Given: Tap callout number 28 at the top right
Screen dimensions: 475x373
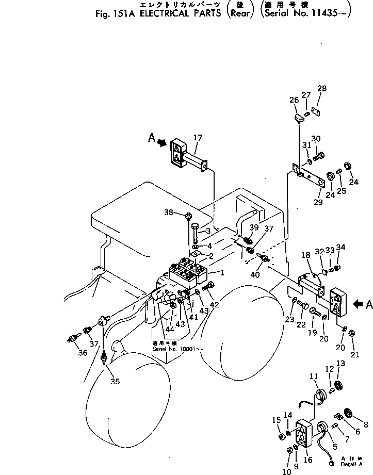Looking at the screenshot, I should tap(322, 89).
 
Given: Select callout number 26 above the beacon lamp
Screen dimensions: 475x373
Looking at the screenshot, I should tap(294, 100).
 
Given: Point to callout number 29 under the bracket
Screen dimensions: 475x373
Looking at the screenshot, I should tap(318, 202).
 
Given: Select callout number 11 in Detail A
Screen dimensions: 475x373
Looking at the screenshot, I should tap(314, 378).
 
